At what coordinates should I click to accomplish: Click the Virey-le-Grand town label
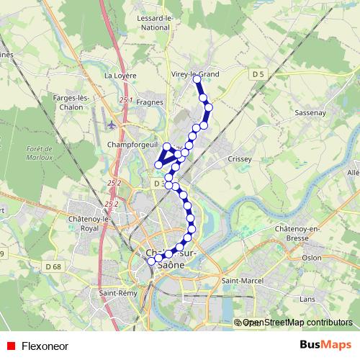[x=196, y=73]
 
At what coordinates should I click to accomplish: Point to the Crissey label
[x=238, y=158]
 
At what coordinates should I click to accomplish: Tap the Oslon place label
[x=312, y=257]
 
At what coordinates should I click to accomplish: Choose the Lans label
[x=307, y=297]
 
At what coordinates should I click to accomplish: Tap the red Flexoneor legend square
[x=9, y=345]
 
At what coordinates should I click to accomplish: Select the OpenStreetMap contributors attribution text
[x=297, y=323]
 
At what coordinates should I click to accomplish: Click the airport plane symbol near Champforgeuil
[x=112, y=125]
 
